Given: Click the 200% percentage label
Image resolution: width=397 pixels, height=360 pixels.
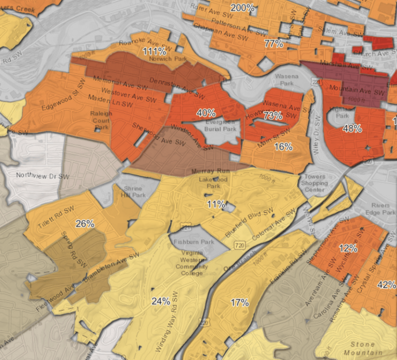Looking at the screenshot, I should point(242,8).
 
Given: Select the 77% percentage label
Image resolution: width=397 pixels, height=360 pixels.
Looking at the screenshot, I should point(273,43).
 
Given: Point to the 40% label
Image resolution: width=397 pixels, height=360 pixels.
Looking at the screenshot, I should point(206,112).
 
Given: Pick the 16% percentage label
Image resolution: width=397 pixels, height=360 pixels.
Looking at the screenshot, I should point(283,147).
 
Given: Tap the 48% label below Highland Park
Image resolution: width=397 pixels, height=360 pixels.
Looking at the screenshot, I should point(352,129).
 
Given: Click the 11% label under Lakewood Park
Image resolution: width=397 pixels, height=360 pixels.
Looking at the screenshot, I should point(216,204).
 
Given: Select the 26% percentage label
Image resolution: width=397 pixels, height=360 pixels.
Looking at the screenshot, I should point(85,224).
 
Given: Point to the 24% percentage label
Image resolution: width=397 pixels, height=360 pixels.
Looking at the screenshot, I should point(161,301).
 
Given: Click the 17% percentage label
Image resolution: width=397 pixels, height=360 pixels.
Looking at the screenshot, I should point(239,303).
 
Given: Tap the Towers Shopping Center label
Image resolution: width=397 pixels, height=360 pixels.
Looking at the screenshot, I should point(314,183).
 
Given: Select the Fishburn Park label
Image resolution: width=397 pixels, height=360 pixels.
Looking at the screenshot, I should point(201,241).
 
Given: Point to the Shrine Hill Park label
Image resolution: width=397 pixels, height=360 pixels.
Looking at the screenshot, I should point(132,192).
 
